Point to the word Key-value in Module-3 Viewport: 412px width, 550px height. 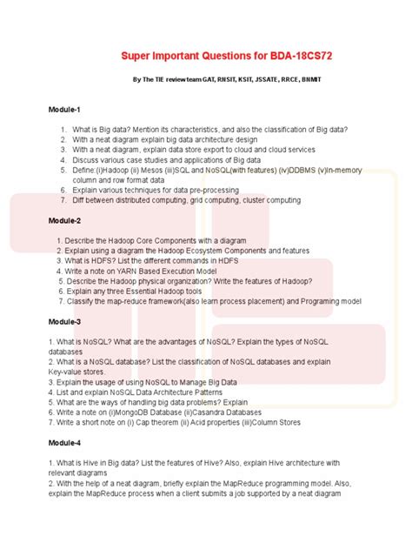(66, 371)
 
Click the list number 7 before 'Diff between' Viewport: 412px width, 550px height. (63, 199)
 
